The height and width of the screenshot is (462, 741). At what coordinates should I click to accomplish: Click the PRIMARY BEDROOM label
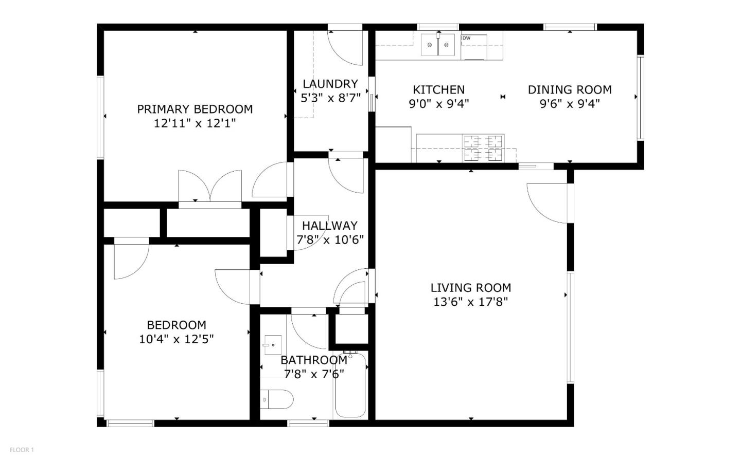pyautogui.click(x=195, y=109)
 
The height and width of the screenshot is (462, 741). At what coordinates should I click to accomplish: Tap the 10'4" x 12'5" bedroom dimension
pyautogui.click(x=177, y=339)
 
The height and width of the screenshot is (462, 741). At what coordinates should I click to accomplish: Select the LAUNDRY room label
pyautogui.click(x=330, y=84)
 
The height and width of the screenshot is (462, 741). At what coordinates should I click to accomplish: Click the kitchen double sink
pyautogui.click(x=438, y=45)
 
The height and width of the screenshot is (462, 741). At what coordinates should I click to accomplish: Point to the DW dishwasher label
pyautogui.click(x=466, y=38)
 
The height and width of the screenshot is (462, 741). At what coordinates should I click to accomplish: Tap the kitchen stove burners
pyautogui.click(x=484, y=147)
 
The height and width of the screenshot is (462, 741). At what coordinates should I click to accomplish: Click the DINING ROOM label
pyautogui.click(x=570, y=89)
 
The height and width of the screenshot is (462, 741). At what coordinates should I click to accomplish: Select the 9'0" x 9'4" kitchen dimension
pyautogui.click(x=439, y=104)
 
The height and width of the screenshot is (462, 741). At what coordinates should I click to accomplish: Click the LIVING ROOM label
pyautogui.click(x=470, y=288)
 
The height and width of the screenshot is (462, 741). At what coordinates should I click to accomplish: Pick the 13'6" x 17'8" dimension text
pyautogui.click(x=470, y=302)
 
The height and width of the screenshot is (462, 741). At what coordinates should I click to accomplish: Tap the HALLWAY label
pyautogui.click(x=329, y=225)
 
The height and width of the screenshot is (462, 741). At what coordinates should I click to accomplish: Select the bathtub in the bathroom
pyautogui.click(x=350, y=385)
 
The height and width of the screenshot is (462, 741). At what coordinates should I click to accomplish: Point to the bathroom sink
pyautogui.click(x=272, y=344)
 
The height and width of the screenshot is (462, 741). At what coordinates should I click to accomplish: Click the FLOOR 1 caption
pyautogui.click(x=22, y=450)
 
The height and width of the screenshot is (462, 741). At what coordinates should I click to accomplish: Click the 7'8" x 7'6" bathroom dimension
pyautogui.click(x=314, y=374)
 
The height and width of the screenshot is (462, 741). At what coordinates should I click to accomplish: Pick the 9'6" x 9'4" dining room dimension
pyautogui.click(x=570, y=104)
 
